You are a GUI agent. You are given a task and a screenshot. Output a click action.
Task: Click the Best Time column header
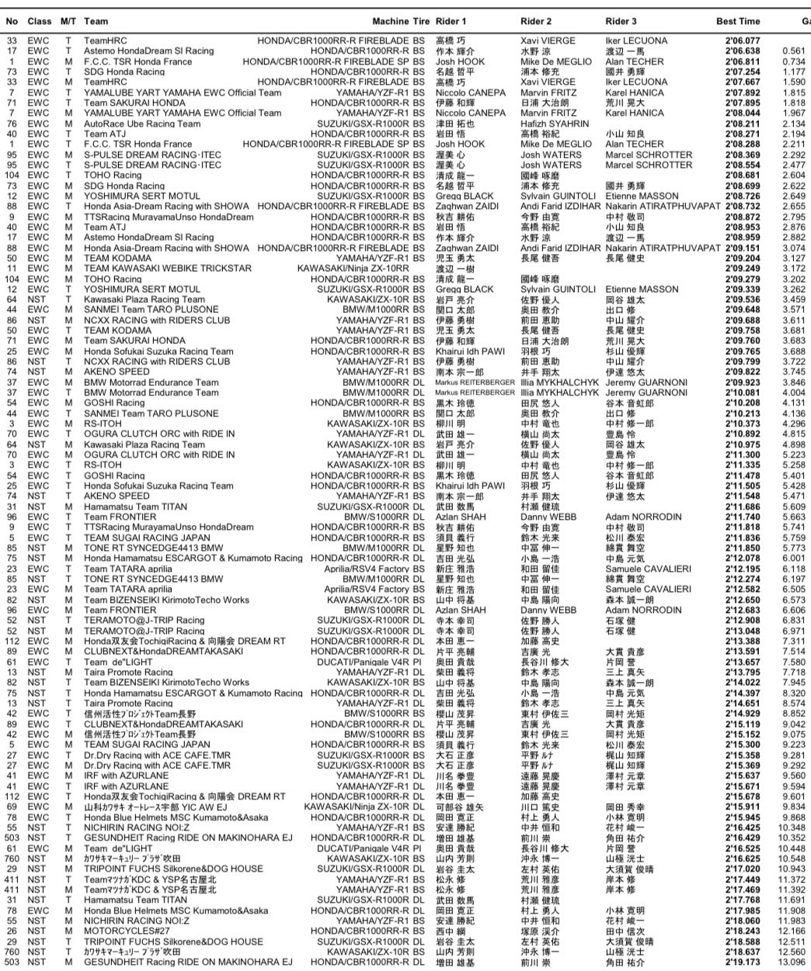[x=737, y=21]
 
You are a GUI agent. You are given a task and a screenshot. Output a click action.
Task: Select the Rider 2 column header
[x=536, y=21]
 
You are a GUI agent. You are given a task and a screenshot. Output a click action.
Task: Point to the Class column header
[x=40, y=21]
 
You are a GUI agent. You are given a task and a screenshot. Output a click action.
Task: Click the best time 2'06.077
[x=743, y=41]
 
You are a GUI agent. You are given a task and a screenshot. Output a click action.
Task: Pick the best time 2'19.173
[x=743, y=962]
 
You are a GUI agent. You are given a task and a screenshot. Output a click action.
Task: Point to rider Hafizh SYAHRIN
[x=552, y=124]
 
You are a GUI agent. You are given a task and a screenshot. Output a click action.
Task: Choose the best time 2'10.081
[x=743, y=393]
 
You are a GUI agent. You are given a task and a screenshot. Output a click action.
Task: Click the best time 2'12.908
[x=743, y=621]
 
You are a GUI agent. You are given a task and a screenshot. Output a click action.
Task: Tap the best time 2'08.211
[x=743, y=124]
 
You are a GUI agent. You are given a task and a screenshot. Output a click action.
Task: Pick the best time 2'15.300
[x=743, y=744]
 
